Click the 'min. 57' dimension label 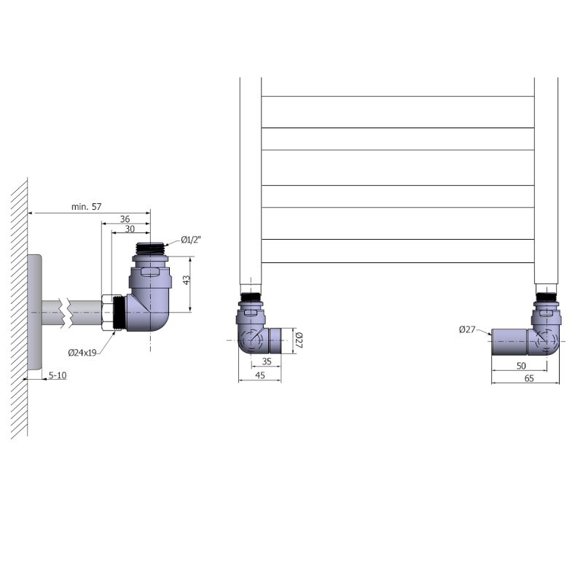86,207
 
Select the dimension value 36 125,219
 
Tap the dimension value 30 130,229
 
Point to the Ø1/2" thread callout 191,240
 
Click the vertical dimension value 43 187,280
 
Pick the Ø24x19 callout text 82,353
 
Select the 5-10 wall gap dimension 58,375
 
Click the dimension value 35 267,361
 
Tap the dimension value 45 260,375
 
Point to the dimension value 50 521,366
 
